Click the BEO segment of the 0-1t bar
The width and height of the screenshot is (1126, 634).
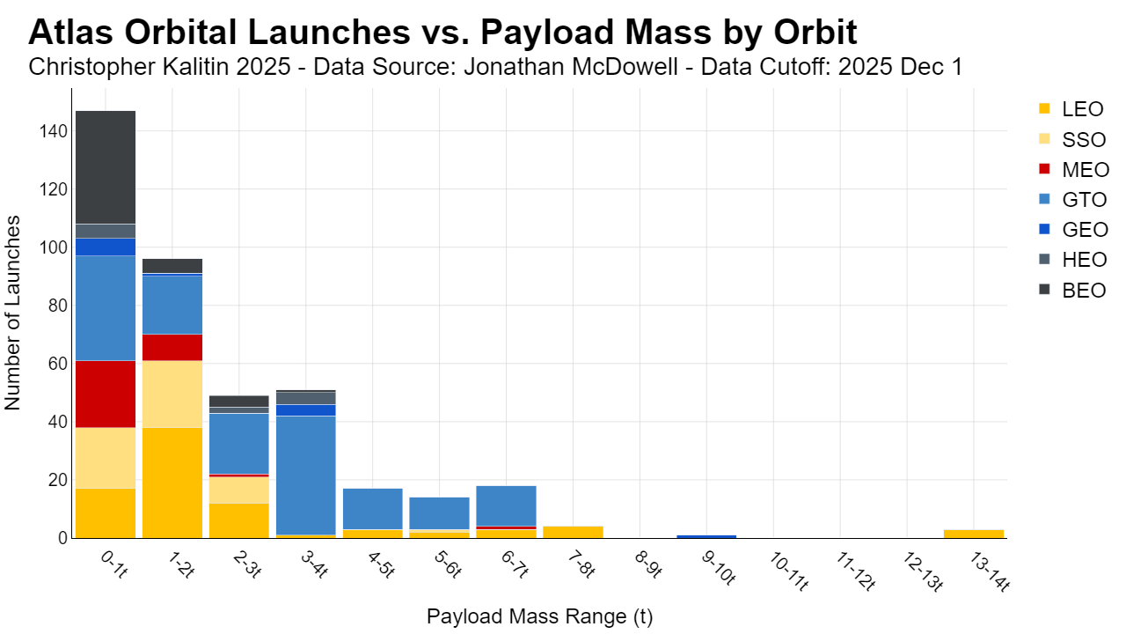click(x=106, y=167)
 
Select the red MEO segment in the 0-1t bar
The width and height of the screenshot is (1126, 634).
click(x=106, y=394)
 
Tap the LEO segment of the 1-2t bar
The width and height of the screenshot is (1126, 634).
click(x=172, y=483)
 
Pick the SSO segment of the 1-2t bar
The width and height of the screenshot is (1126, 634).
click(x=172, y=394)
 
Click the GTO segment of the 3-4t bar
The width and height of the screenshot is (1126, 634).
click(x=305, y=475)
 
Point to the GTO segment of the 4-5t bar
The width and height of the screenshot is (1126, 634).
click(x=372, y=509)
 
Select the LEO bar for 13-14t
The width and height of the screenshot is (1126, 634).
click(x=974, y=534)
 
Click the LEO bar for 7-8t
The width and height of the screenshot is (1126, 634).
click(x=573, y=533)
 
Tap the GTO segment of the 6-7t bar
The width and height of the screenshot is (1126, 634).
click(x=506, y=506)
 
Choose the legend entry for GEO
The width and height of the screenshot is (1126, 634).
click(x=1074, y=230)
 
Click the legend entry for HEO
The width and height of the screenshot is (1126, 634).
click(x=1074, y=260)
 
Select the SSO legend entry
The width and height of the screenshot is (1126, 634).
click(x=1073, y=139)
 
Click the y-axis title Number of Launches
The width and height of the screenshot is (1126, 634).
click(x=12, y=313)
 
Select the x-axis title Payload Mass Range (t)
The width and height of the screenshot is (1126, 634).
click(x=540, y=616)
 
